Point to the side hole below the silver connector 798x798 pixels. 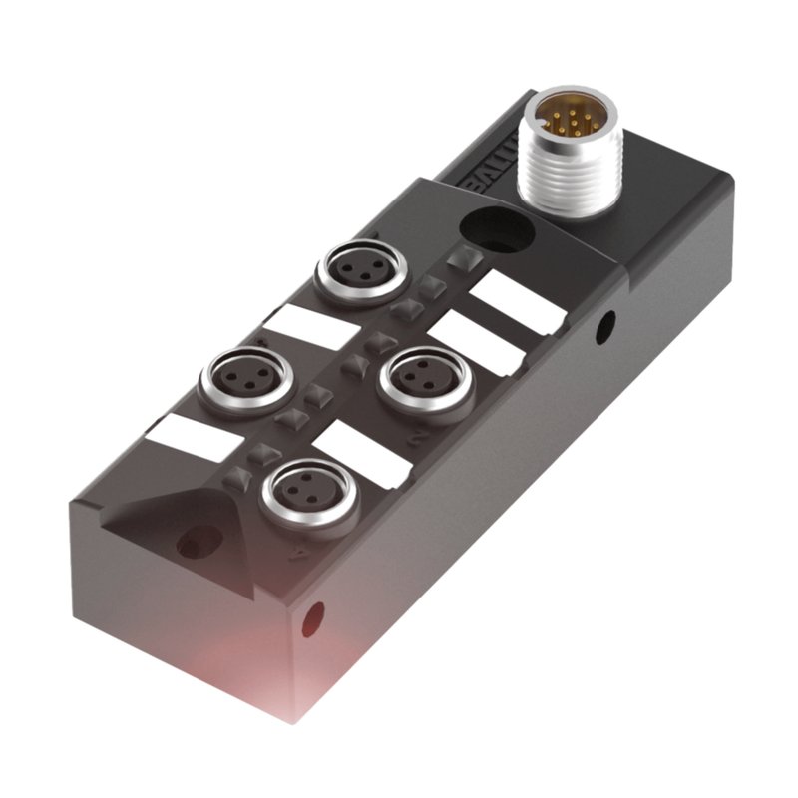click(604, 325)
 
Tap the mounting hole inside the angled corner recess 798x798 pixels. click(187, 544)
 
